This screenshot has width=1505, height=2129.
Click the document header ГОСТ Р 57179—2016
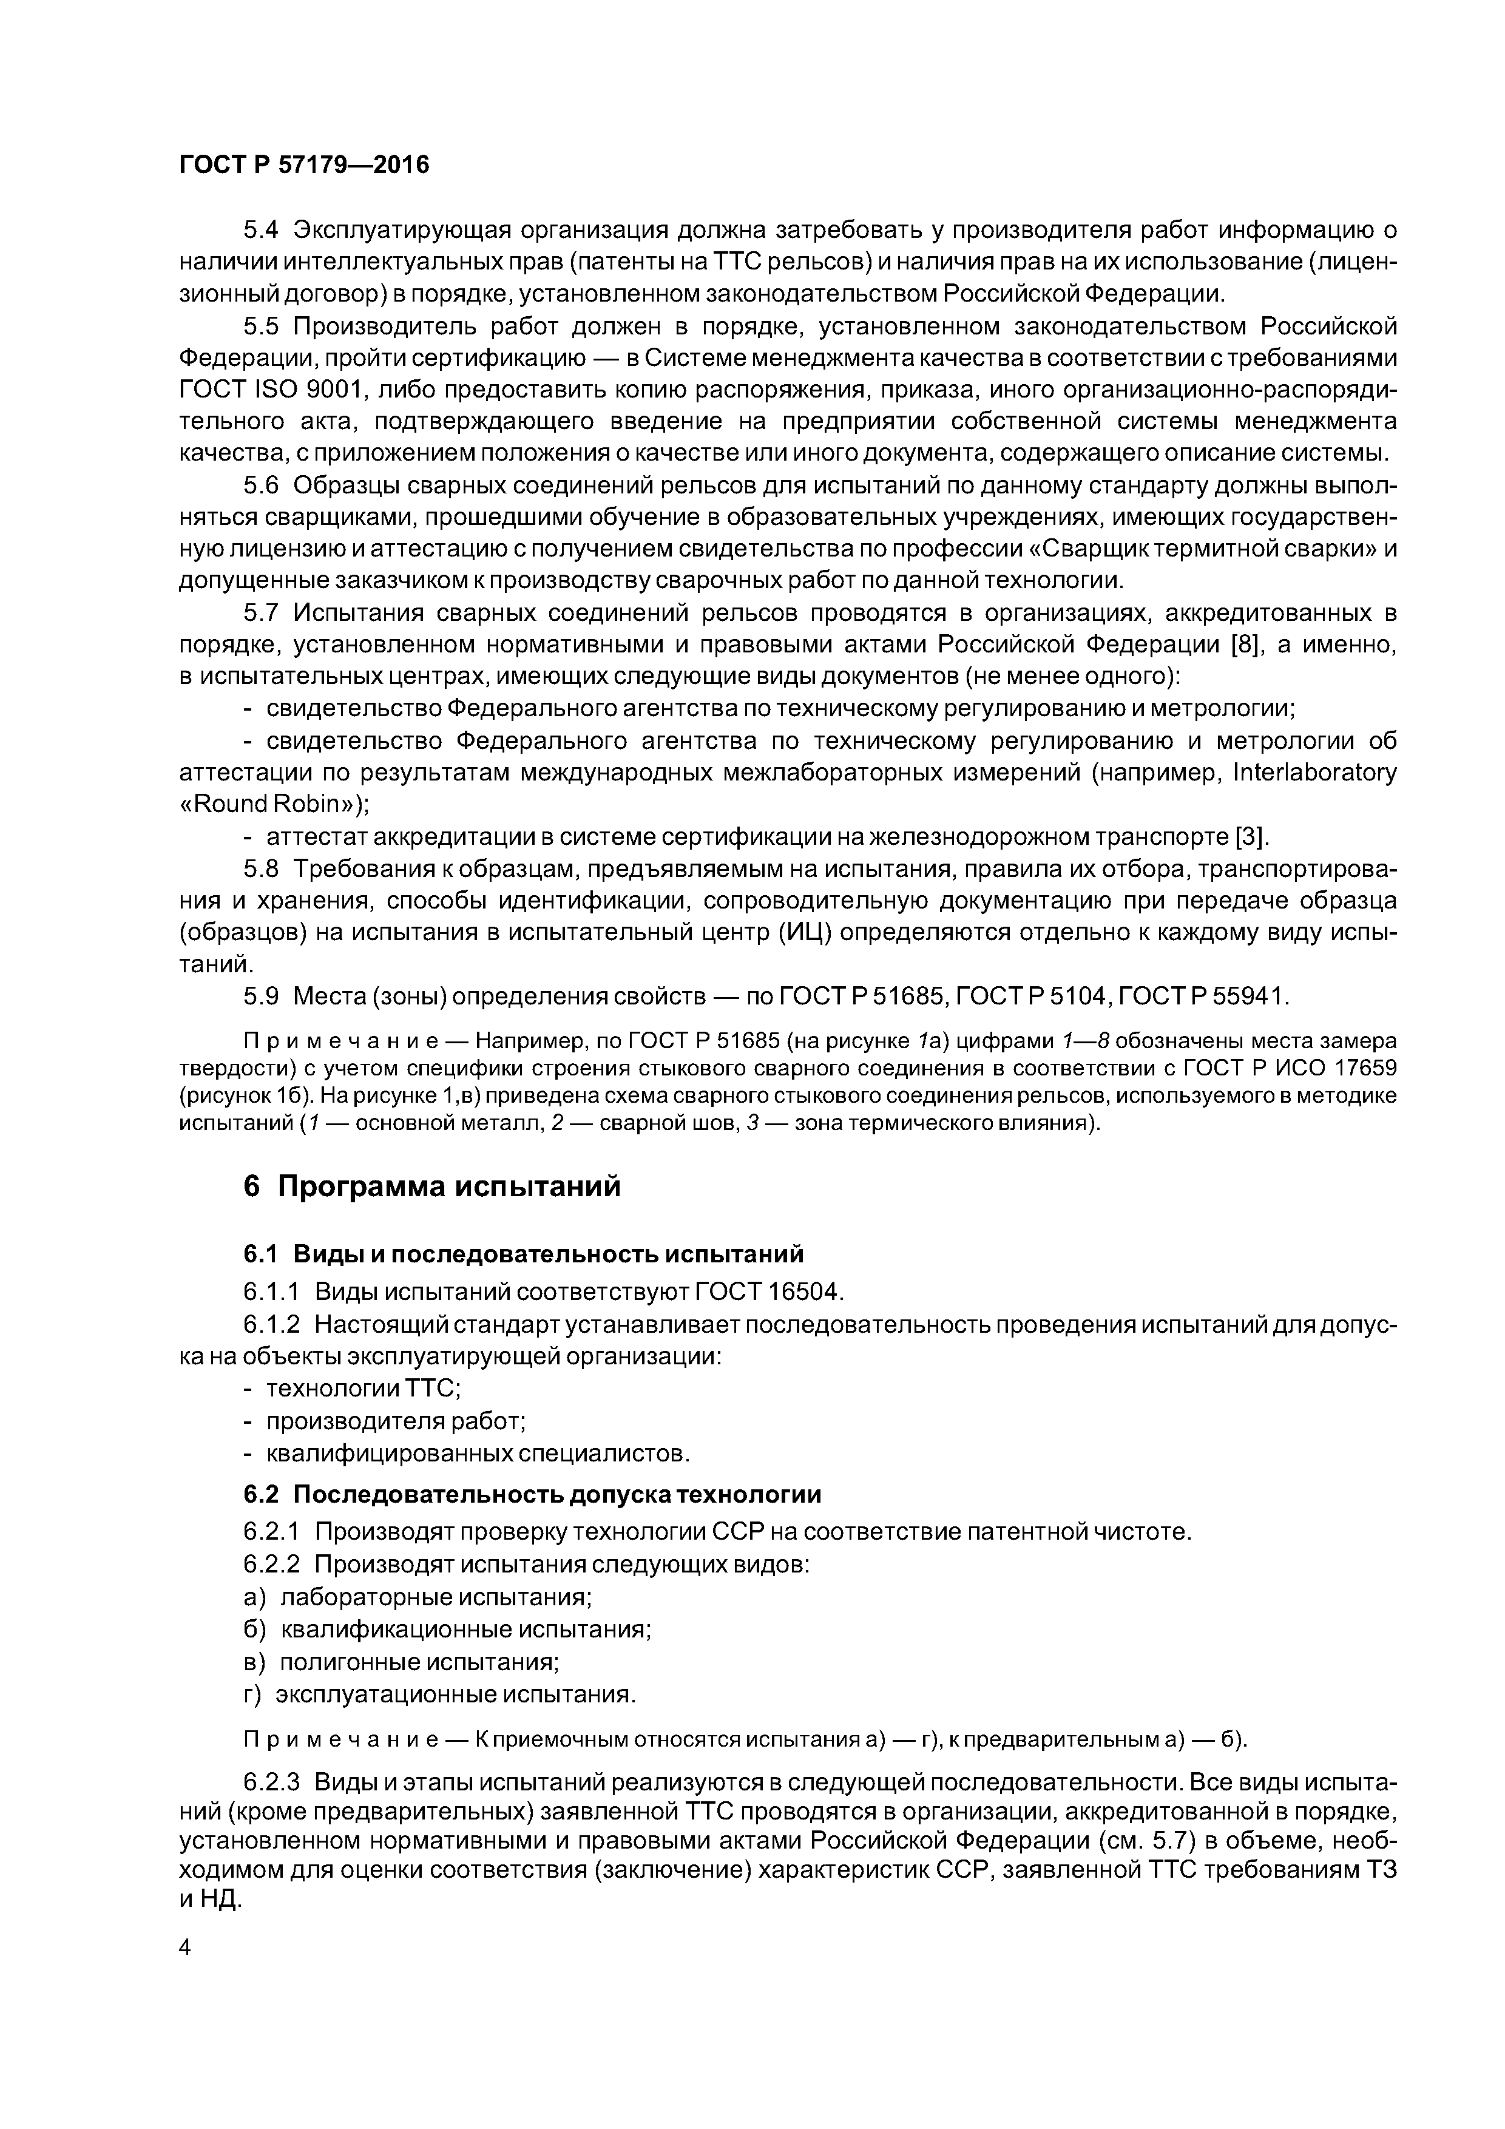pyautogui.click(x=304, y=165)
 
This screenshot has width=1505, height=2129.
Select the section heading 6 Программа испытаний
pyautogui.click(x=431, y=1186)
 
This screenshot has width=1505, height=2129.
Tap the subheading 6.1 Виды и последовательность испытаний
pyautogui.click(x=523, y=1254)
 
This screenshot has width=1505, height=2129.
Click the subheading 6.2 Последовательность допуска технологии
pyautogui.click(x=532, y=1494)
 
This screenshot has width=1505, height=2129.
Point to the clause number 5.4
pyautogui.click(x=260, y=229)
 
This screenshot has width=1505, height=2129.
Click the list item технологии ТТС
pyautogui.click(x=362, y=1388)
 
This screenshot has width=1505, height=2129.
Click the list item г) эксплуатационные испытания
pyautogui.click(x=439, y=1693)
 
